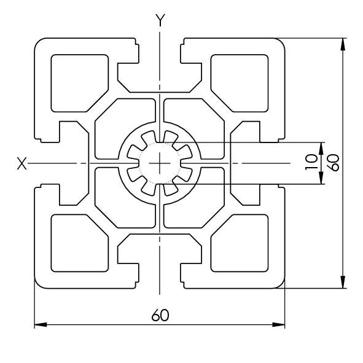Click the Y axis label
[160, 20]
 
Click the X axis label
[21, 163]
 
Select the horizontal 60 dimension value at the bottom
[160, 314]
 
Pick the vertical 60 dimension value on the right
[335, 163]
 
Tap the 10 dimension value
[311, 162]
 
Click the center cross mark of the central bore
[160, 163]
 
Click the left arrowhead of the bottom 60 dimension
[41, 324]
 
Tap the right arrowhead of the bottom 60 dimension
[278, 324]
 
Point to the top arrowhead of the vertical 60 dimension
[343, 44]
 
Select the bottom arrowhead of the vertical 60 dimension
[343, 282]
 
